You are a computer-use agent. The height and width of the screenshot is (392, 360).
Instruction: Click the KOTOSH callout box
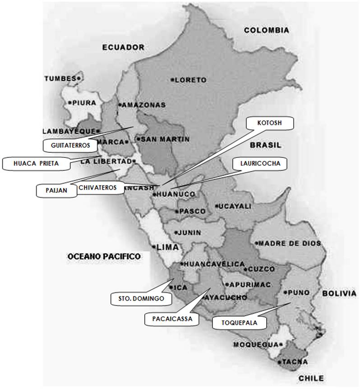coord(270,123)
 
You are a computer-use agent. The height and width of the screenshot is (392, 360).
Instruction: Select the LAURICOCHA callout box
coord(259,164)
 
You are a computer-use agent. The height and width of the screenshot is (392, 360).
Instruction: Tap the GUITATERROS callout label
coord(70,145)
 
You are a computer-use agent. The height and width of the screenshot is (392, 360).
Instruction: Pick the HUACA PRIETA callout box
coord(36,164)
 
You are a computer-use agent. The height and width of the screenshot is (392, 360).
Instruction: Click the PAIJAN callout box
coord(56,190)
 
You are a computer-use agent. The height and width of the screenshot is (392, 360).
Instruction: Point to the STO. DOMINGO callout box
coord(138,298)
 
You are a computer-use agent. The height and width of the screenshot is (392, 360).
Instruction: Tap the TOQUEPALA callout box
coord(238,323)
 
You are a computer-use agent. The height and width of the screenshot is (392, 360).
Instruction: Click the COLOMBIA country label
coord(266,30)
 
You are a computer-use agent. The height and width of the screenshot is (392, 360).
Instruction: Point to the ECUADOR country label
coord(123,47)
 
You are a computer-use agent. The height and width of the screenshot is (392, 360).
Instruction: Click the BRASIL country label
coord(265,145)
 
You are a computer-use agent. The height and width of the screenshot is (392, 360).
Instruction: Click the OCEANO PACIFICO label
coord(104,256)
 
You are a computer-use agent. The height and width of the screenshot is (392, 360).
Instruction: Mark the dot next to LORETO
coord(172,80)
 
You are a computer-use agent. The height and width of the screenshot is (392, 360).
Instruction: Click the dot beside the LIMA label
coord(154,247)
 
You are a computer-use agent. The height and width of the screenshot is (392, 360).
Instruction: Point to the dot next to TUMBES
coord(78,78)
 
